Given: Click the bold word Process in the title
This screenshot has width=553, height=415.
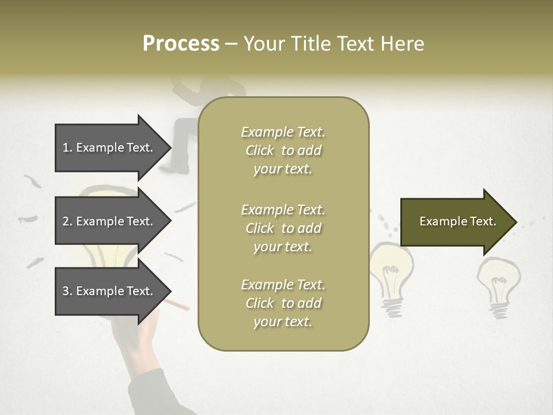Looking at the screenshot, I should click(181, 44).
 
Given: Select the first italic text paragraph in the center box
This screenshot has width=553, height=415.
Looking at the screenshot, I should click(283, 150).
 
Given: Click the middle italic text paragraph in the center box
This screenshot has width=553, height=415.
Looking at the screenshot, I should click(283, 228).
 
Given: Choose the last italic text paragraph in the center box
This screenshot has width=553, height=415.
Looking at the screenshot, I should click(283, 303).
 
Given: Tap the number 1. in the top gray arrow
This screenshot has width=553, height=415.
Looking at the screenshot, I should click(67, 148).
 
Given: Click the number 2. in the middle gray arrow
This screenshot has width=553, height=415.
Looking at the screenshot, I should click(67, 221).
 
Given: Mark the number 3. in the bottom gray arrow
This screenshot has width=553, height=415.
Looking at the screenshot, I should click(67, 291).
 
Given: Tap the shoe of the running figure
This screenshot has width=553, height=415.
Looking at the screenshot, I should click(181, 169).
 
